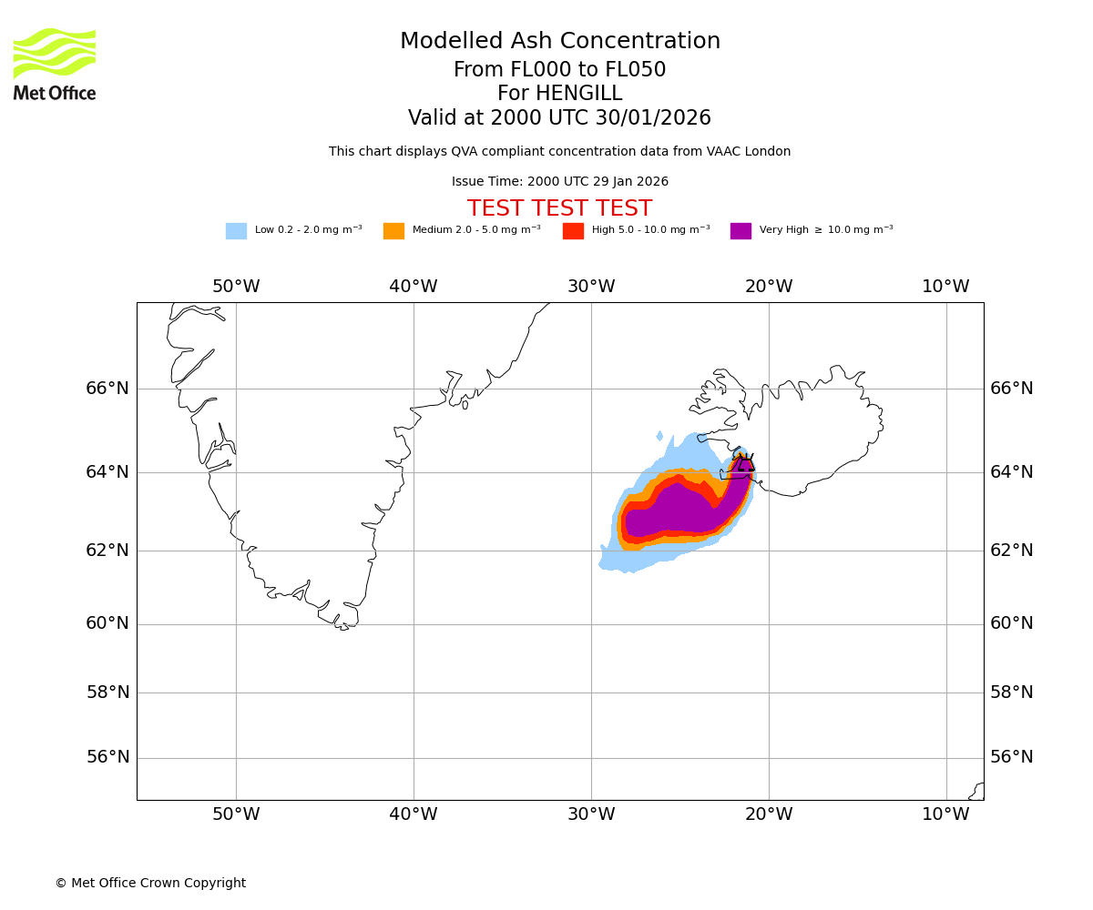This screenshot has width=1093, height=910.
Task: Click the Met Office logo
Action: point(55,64)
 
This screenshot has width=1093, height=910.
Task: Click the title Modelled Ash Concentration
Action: point(560,42)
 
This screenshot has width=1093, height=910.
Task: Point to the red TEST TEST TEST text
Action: point(560,209)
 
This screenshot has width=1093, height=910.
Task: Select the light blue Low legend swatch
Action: point(236,231)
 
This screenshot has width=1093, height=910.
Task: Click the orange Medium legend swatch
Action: point(393,231)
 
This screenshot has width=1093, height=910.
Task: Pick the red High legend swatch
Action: point(573,231)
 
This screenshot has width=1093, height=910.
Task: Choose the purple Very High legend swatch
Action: point(741,231)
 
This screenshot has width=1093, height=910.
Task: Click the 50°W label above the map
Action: point(236,287)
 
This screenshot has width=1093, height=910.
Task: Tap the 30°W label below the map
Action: point(591,814)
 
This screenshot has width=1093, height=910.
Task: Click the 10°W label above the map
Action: point(945,287)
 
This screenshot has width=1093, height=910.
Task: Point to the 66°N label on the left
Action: point(107,389)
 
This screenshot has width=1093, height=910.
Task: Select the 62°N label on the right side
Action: point(1012,551)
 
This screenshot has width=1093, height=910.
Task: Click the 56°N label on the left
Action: point(107,757)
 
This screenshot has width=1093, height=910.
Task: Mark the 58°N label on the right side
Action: point(1012,693)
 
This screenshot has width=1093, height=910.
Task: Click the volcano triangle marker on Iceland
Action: point(745,464)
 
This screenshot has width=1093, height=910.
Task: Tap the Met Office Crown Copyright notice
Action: point(150,884)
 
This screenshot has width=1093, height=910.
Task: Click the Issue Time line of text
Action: point(560,182)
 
